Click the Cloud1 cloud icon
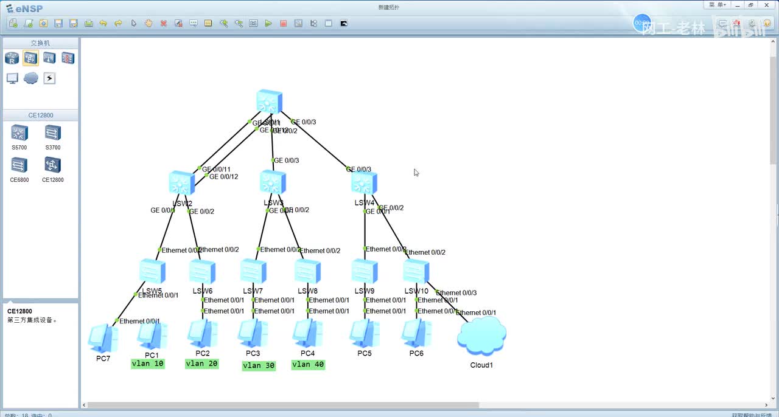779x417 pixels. tap(481, 337)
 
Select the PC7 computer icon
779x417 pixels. tap(103, 338)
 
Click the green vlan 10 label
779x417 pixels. tap(148, 364)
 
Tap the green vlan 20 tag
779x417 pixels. tap(201, 364)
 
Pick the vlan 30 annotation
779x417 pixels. tap(259, 365)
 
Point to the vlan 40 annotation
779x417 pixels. tap(308, 365)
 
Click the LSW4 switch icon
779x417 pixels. tap(364, 183)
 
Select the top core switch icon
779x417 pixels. tap(269, 102)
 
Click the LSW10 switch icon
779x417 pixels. tap(416, 271)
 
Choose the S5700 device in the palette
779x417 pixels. tap(19, 133)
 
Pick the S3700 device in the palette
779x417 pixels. tap(53, 133)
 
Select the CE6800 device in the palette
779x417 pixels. tap(19, 165)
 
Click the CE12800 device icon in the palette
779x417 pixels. tap(53, 165)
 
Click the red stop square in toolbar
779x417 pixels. tap(283, 23)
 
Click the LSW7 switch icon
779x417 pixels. tap(253, 271)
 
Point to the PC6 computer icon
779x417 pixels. tap(416, 333)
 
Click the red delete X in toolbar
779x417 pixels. tap(164, 23)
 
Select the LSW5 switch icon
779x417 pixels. tap(152, 271)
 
